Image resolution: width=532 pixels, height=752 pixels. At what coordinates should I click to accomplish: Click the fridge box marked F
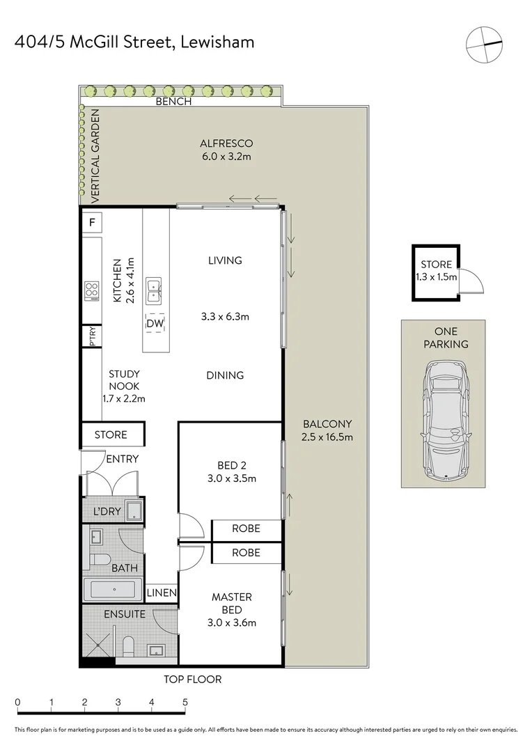coord(91,224)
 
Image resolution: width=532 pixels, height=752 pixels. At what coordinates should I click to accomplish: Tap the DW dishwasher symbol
coord(154,323)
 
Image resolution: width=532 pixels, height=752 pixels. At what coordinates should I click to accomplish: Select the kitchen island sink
coord(154,291)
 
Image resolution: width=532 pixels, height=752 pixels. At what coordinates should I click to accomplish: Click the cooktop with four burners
coord(91,290)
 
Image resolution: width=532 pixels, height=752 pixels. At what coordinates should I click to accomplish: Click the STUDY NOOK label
coord(124,380)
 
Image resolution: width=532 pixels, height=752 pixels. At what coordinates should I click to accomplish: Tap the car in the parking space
coord(443,421)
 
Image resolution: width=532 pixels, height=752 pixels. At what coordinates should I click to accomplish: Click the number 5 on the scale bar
coord(185,702)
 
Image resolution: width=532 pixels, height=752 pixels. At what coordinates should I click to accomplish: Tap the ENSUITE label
coord(125,614)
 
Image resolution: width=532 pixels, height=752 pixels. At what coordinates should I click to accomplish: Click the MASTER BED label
coord(232,603)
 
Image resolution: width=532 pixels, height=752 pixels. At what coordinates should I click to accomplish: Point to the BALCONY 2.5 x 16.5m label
coord(327,430)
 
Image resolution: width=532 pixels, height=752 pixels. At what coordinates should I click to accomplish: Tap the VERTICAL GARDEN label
coord(96,157)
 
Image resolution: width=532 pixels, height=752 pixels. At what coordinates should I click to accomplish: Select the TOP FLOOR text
coord(193,679)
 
